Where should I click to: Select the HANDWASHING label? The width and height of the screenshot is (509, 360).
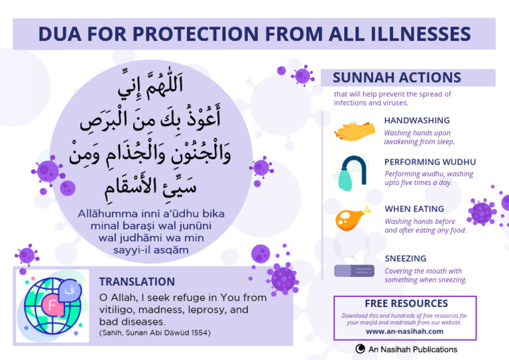[416, 121]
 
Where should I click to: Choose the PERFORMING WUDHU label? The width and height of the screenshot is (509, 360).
[429, 162]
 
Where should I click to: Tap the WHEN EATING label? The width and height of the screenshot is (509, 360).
[414, 209]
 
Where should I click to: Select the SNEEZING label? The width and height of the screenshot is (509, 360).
[405, 259]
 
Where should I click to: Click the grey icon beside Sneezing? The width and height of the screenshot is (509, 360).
[354, 270]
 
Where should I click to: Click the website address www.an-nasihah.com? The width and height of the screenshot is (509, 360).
[404, 331]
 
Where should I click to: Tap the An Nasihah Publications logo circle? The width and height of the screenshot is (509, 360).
[361, 349]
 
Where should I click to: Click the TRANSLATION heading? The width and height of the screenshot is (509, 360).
[137, 282]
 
